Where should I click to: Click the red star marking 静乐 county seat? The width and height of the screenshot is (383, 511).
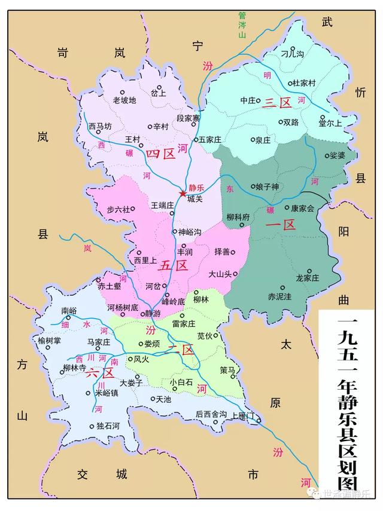point(183,193)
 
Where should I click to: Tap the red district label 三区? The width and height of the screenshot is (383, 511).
point(277,103)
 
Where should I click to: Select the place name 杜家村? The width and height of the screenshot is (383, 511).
point(303,83)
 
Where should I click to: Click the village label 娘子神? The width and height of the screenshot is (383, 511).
point(267,187)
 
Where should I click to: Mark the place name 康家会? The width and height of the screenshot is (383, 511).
point(302,209)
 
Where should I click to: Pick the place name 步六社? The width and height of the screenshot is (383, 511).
point(117,209)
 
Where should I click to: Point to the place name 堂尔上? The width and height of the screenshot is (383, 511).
point(330,124)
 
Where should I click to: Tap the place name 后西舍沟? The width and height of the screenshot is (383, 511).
point(211,414)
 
